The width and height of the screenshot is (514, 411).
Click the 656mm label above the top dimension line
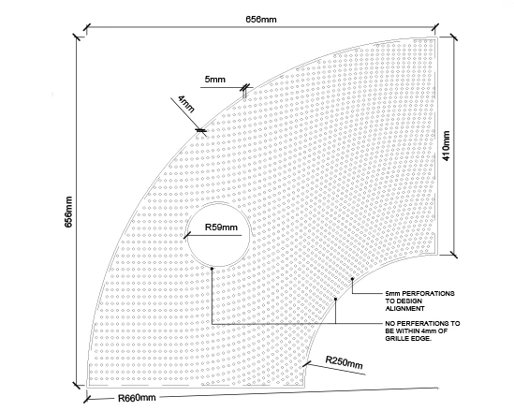point(261,20)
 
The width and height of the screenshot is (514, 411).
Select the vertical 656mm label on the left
point(68,212)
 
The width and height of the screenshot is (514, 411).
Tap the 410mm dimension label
point(447,145)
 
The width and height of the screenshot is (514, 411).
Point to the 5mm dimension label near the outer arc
point(215,79)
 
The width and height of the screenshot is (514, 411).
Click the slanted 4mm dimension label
point(186,104)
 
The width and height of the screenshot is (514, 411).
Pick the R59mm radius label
point(221,228)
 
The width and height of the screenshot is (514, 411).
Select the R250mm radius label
point(345,362)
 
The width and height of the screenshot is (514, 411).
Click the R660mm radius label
point(137,398)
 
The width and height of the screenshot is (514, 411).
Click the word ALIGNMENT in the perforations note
point(404,308)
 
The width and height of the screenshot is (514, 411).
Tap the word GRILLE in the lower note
point(396,338)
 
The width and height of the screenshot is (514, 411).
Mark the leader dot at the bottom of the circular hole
point(212,269)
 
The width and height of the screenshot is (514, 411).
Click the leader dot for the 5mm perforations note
point(352,279)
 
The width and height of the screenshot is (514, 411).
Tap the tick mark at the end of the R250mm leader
point(306,364)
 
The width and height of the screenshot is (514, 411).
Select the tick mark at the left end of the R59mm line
point(187,235)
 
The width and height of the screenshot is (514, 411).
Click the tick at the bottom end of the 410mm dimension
point(454,255)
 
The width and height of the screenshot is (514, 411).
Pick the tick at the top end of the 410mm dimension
point(454,37)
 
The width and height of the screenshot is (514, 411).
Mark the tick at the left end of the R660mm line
point(87,399)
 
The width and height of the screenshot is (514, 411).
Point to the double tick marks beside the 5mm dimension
point(245,87)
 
